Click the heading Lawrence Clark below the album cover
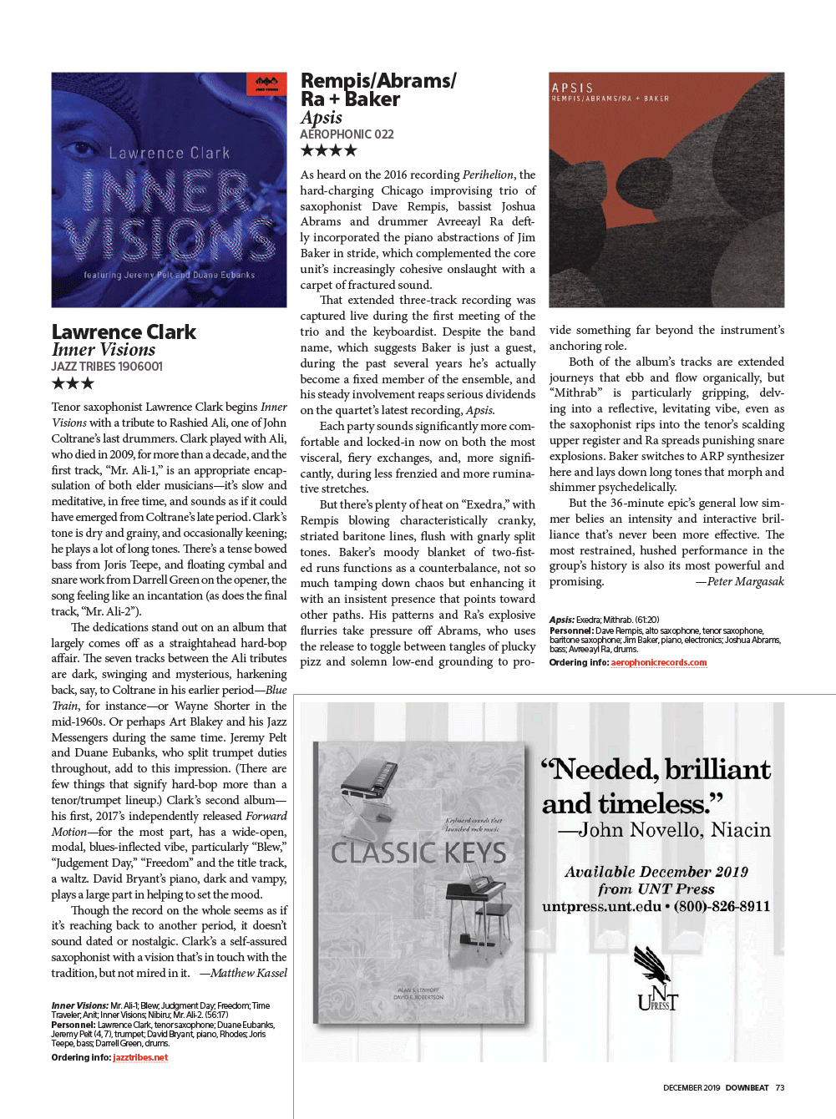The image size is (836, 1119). pos(124,332)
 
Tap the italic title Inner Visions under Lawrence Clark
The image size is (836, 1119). pos(104,350)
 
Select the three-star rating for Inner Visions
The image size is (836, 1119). pos(73,383)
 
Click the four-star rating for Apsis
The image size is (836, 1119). pos(328,150)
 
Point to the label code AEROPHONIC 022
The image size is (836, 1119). pos(347,134)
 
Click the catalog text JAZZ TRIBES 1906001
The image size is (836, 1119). pos(107,367)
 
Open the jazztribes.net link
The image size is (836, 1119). pos(140,1057)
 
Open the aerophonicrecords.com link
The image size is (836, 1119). pos(658,662)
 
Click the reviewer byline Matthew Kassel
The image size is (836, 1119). pos(248,973)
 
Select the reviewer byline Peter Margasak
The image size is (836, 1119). pos(745,581)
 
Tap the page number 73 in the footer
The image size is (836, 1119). pos(780,1087)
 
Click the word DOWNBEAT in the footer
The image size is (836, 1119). pos(747,1087)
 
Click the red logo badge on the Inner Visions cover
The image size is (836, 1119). pos(266,84)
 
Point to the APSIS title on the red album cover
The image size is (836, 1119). pos(572,88)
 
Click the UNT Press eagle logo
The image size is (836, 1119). pos(656,977)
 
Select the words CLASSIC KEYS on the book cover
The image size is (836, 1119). pos(418,853)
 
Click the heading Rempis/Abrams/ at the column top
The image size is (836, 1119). pos(378,81)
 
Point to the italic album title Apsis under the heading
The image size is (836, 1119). pos(322,118)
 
